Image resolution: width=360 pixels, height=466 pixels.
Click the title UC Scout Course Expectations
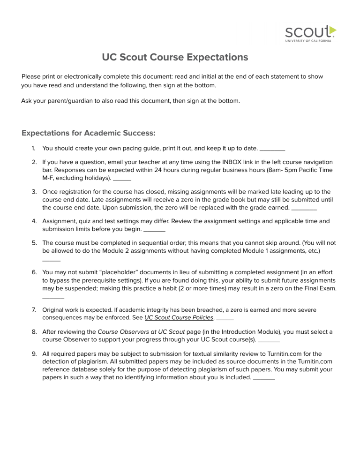coord(175,57)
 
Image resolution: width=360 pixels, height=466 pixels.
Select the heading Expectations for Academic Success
coord(89,133)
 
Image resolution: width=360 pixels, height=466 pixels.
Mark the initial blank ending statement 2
coord(122,180)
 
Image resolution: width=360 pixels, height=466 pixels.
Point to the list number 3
coord(34,192)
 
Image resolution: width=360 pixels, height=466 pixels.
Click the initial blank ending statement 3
coord(304,209)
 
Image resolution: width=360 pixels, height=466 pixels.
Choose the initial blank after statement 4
coord(154,230)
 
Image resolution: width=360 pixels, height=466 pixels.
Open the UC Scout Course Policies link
coord(179,317)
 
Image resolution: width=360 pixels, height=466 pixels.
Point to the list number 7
coord(34,310)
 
